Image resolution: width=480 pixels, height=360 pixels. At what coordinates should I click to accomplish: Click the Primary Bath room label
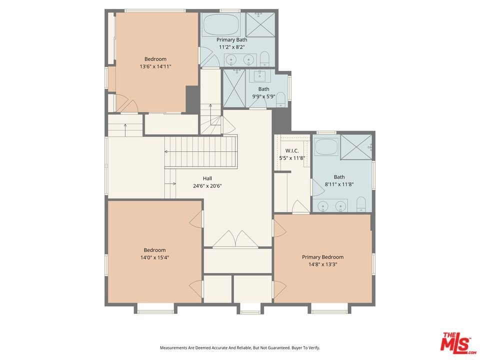pyautogui.click(x=231, y=40)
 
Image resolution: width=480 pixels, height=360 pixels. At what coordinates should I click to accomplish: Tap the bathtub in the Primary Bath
pyautogui.click(x=221, y=24)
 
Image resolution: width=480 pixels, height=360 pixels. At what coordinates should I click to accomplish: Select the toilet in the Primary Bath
pyautogui.click(x=264, y=59)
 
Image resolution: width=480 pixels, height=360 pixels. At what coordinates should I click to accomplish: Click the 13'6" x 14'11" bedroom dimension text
pyautogui.click(x=155, y=66)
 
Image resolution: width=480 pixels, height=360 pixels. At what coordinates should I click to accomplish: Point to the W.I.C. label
pyautogui.click(x=292, y=151)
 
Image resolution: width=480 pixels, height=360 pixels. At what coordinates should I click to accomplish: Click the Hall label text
pyautogui.click(x=207, y=178)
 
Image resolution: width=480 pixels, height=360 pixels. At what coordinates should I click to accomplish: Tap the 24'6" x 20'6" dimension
pyautogui.click(x=207, y=186)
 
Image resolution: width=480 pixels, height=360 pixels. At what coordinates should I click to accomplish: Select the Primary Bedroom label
pyautogui.click(x=322, y=257)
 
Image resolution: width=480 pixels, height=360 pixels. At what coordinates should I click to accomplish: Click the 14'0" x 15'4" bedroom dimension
pyautogui.click(x=155, y=257)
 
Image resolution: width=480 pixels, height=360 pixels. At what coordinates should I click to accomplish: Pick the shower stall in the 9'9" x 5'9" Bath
pyautogui.click(x=234, y=88)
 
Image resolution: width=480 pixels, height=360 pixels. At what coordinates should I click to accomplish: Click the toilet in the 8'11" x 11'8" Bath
pyautogui.click(x=361, y=204)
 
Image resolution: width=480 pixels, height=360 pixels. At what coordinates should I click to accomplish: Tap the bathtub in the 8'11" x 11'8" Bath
pyautogui.click(x=326, y=147)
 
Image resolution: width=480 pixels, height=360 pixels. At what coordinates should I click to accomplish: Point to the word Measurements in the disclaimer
pyautogui.click(x=173, y=348)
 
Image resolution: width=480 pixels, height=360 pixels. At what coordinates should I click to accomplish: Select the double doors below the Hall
pyautogui.click(x=235, y=239)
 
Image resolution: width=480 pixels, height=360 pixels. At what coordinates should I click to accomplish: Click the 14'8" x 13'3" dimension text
pyautogui.click(x=322, y=264)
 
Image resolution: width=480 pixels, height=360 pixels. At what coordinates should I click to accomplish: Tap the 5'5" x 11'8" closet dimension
pyautogui.click(x=292, y=158)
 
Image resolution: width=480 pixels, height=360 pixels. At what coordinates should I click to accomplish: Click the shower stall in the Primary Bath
pyautogui.click(x=260, y=25)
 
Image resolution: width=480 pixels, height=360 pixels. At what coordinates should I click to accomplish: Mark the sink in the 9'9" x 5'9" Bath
pyautogui.click(x=259, y=76)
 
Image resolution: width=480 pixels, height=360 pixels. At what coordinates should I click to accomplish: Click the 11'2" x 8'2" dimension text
pyautogui.click(x=231, y=47)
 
